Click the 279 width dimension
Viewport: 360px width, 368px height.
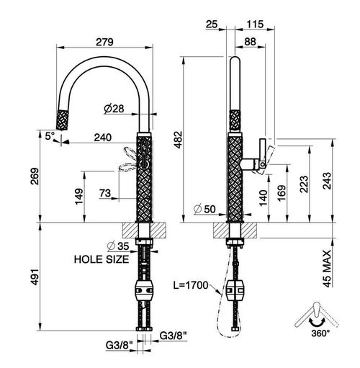(104, 42)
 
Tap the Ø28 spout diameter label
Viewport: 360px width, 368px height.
(114, 109)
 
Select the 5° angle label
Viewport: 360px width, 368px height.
(50, 136)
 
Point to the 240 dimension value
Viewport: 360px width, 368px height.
(103, 138)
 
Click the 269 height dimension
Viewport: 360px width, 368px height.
(35, 176)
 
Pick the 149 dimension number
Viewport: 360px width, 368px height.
(79, 197)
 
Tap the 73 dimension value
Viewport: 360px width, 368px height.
(105, 193)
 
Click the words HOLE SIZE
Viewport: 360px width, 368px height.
(102, 259)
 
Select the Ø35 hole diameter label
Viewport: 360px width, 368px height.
(118, 246)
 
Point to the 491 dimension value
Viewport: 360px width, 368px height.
(35, 277)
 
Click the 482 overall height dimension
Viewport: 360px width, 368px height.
(179, 140)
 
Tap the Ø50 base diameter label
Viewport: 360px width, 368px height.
(204, 209)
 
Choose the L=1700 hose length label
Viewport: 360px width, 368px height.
(191, 285)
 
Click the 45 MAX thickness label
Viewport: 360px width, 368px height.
(327, 269)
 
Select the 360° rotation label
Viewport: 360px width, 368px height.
(320, 333)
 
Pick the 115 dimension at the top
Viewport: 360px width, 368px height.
(255, 24)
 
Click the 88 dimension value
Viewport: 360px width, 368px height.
(250, 42)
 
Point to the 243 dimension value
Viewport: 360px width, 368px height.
(327, 181)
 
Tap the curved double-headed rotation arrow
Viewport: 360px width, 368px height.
(317, 323)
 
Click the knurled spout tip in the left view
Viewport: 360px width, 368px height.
(63, 120)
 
